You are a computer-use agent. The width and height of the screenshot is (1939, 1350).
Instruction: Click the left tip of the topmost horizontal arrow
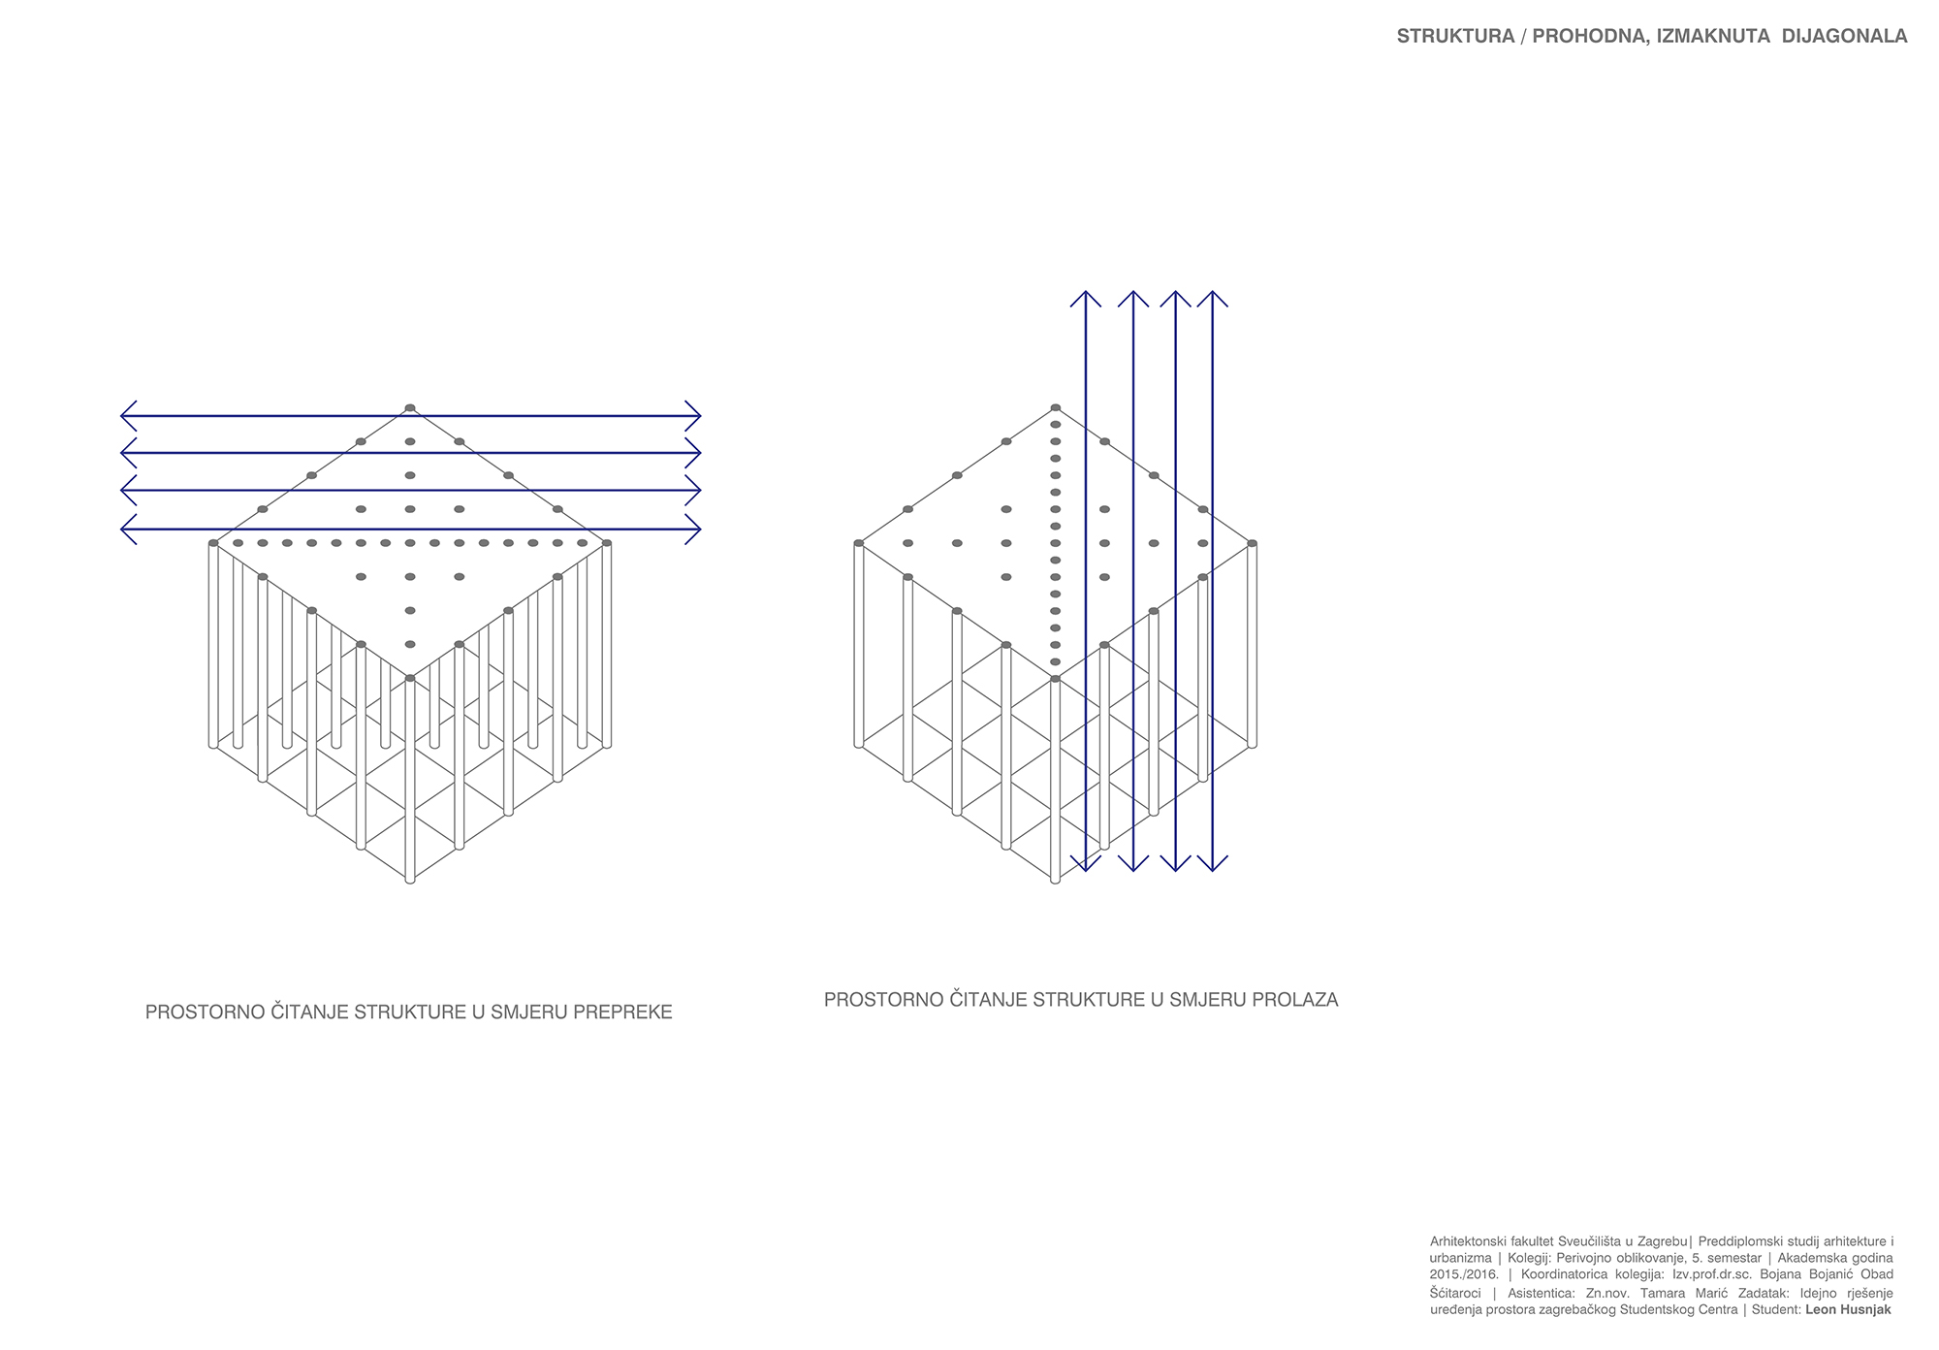click(x=121, y=416)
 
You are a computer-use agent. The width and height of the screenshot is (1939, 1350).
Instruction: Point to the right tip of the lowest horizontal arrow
click(x=700, y=530)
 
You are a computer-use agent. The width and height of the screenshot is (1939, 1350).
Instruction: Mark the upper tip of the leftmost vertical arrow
click(x=1086, y=290)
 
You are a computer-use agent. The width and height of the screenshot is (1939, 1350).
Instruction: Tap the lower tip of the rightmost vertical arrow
click(x=1213, y=871)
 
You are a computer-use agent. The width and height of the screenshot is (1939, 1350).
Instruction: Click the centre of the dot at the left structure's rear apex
click(x=410, y=407)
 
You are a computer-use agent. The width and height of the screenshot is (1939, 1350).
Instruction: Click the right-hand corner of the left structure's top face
click(x=607, y=543)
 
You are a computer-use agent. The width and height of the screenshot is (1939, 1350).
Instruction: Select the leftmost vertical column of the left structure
click(x=213, y=645)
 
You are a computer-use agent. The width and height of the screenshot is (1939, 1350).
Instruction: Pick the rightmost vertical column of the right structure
click(x=1252, y=645)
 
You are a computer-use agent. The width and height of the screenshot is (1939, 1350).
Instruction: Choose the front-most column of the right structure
click(x=1055, y=780)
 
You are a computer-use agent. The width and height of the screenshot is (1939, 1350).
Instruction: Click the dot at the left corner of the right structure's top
click(x=858, y=543)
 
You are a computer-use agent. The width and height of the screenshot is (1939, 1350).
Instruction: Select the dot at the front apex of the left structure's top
click(x=410, y=678)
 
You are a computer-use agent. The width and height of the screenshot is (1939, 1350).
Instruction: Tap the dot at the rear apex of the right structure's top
click(x=1055, y=407)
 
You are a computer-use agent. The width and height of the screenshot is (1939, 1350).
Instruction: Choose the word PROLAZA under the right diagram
click(x=1293, y=1000)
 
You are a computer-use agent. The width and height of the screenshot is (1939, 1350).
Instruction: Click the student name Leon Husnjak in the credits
click(x=1849, y=1309)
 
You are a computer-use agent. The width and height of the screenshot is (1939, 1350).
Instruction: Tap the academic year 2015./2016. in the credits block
click(x=1464, y=1274)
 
